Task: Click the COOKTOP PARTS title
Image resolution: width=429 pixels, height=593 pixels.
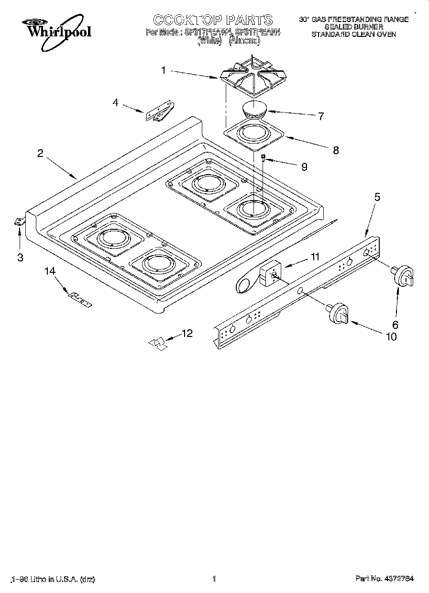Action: [x=213, y=20]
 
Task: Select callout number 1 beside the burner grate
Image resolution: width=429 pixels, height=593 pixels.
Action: [x=164, y=70]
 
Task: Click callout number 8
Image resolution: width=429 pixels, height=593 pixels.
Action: [x=335, y=150]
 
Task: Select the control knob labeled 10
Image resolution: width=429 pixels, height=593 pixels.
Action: [x=339, y=313]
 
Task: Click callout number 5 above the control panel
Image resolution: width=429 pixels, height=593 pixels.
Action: [x=377, y=197]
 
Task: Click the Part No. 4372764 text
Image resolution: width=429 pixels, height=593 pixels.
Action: [x=385, y=579]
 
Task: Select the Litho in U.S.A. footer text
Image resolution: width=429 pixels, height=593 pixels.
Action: [x=52, y=579]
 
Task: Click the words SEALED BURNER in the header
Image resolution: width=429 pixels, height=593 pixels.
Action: [x=353, y=27]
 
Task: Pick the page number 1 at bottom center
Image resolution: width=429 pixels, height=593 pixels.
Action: [x=214, y=579]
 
